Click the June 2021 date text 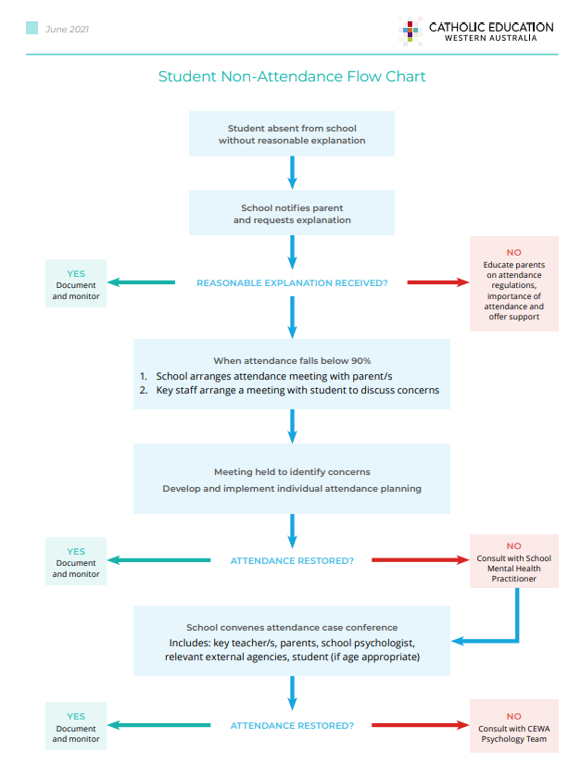pyautogui.click(x=67, y=30)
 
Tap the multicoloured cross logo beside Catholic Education pyautogui.click(x=410, y=31)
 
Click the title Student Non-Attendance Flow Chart pyautogui.click(x=292, y=76)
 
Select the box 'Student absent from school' pyautogui.click(x=292, y=133)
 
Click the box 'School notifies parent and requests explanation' pyautogui.click(x=292, y=212)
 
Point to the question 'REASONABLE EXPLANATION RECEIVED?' pyautogui.click(x=292, y=283)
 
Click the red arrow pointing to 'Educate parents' pyautogui.click(x=438, y=282)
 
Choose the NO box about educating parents pyautogui.click(x=514, y=283)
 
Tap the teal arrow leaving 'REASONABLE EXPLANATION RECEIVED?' pyautogui.click(x=141, y=282)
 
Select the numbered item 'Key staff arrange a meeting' pyautogui.click(x=289, y=391)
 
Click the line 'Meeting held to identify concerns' pyautogui.click(x=292, y=472)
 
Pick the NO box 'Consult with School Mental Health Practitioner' pyautogui.click(x=514, y=561)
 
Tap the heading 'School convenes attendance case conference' pyautogui.click(x=292, y=628)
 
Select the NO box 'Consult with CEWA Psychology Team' pyautogui.click(x=514, y=726)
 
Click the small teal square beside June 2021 pyautogui.click(x=32, y=28)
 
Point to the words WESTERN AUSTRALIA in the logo pyautogui.click(x=491, y=38)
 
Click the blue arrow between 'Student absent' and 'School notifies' pyautogui.click(x=292, y=173)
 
